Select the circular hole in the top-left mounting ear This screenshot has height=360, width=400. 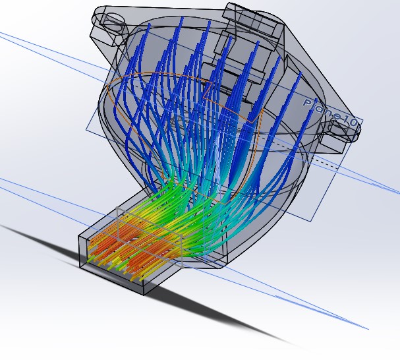(x=113, y=20)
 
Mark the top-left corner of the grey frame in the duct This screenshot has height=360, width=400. (x=117, y=208)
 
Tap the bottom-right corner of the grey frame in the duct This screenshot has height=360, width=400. (x=183, y=267)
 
